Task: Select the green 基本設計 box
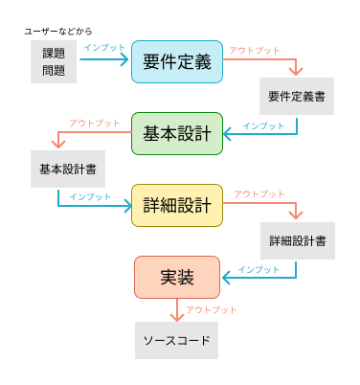tap(177, 133)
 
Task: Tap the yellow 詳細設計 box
tap(177, 205)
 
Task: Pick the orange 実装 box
tap(177, 277)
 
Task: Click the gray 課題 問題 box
tap(54, 61)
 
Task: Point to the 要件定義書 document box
tap(296, 97)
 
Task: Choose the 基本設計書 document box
tap(67, 169)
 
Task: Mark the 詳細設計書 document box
tap(297, 240)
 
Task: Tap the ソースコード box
tap(176, 340)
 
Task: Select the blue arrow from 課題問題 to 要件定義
tap(103, 60)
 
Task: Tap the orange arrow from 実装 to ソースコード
tap(176, 309)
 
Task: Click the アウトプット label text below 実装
tap(211, 309)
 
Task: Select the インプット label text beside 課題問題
tap(103, 46)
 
